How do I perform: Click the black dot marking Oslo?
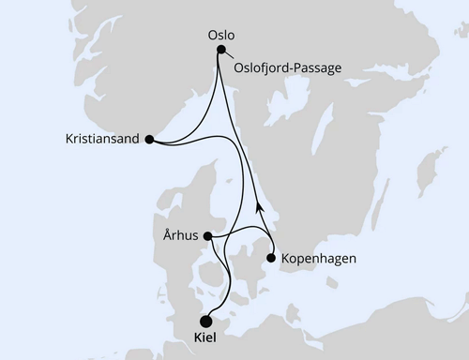[x=221, y=51]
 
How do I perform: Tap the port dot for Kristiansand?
[x=150, y=139]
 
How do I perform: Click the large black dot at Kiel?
[x=206, y=318]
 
